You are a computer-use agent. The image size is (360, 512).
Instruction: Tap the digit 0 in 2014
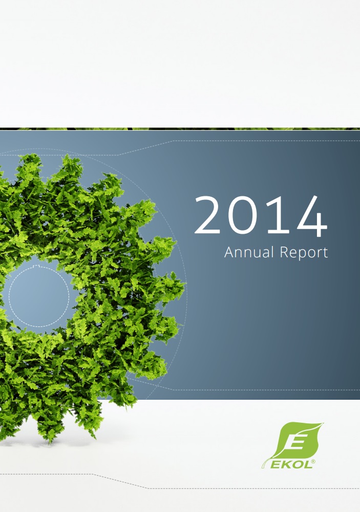coord(242,215)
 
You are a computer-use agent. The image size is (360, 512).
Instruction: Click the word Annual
coord(249,252)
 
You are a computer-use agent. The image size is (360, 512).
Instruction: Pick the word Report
coord(304,253)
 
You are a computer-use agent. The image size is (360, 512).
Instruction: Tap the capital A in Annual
coord(230,252)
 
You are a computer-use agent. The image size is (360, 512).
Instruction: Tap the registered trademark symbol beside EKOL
coord(313,461)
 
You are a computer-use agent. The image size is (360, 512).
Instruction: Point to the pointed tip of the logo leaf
coord(324,423)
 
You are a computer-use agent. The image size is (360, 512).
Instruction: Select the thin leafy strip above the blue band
coord(180,129)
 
